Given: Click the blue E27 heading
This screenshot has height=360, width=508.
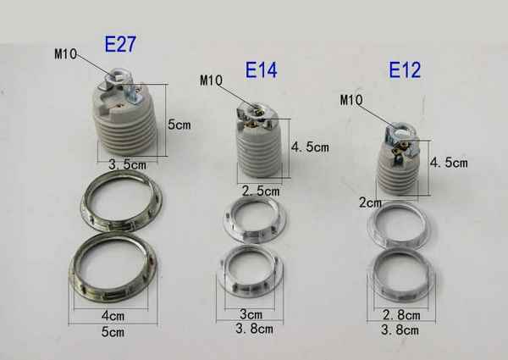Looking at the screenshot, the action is click(120, 44).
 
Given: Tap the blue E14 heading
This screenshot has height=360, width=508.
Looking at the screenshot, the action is click(261, 70).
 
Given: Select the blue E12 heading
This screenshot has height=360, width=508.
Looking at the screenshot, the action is click(405, 69).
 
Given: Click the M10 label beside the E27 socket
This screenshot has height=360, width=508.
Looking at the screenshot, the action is click(65, 54).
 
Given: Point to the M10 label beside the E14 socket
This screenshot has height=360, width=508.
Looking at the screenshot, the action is click(211, 80).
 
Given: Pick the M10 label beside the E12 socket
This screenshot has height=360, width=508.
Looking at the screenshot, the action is click(351, 100).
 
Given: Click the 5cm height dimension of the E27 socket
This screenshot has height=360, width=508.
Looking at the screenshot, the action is click(179, 125).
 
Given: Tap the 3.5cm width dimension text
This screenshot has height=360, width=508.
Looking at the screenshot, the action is click(127, 165).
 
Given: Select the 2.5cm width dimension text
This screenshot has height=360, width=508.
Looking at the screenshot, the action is click(261, 191).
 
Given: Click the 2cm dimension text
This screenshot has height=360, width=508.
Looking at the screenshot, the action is click(370, 202).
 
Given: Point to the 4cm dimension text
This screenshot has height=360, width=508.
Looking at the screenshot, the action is click(113, 316).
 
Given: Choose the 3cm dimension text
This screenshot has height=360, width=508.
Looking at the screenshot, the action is click(251, 314).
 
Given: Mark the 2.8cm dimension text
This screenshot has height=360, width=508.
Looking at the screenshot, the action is click(401, 315).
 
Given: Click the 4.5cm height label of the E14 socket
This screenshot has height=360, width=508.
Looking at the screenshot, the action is click(310, 147).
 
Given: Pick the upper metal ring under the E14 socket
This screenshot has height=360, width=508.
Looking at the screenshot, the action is click(256, 219).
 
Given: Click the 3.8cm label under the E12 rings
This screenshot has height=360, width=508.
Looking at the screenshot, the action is click(400, 330).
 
